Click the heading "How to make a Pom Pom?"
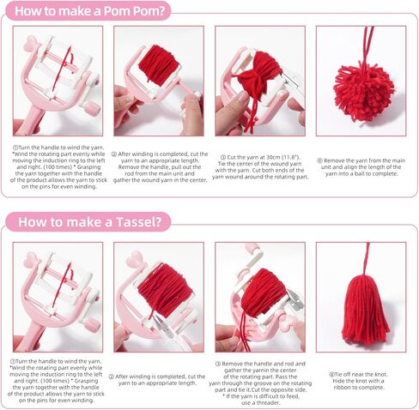90,11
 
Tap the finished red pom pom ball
364,90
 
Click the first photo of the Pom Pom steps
58,81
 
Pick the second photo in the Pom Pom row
158,81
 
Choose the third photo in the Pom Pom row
260,81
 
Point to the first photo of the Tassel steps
58,297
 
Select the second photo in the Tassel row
158,297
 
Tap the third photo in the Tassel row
260,297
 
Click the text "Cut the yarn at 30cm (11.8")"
260,158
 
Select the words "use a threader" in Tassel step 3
260,402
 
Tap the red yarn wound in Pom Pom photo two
158,64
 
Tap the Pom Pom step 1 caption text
58,168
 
